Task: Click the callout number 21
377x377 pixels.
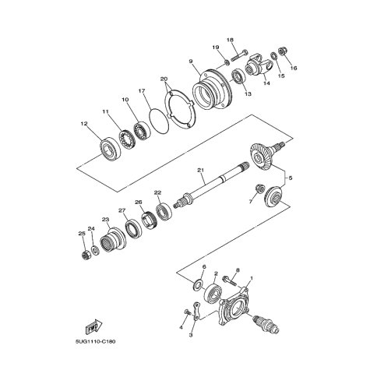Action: (x=201, y=171)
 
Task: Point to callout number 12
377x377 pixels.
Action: (x=84, y=124)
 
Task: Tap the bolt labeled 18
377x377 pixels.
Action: (x=238, y=55)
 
